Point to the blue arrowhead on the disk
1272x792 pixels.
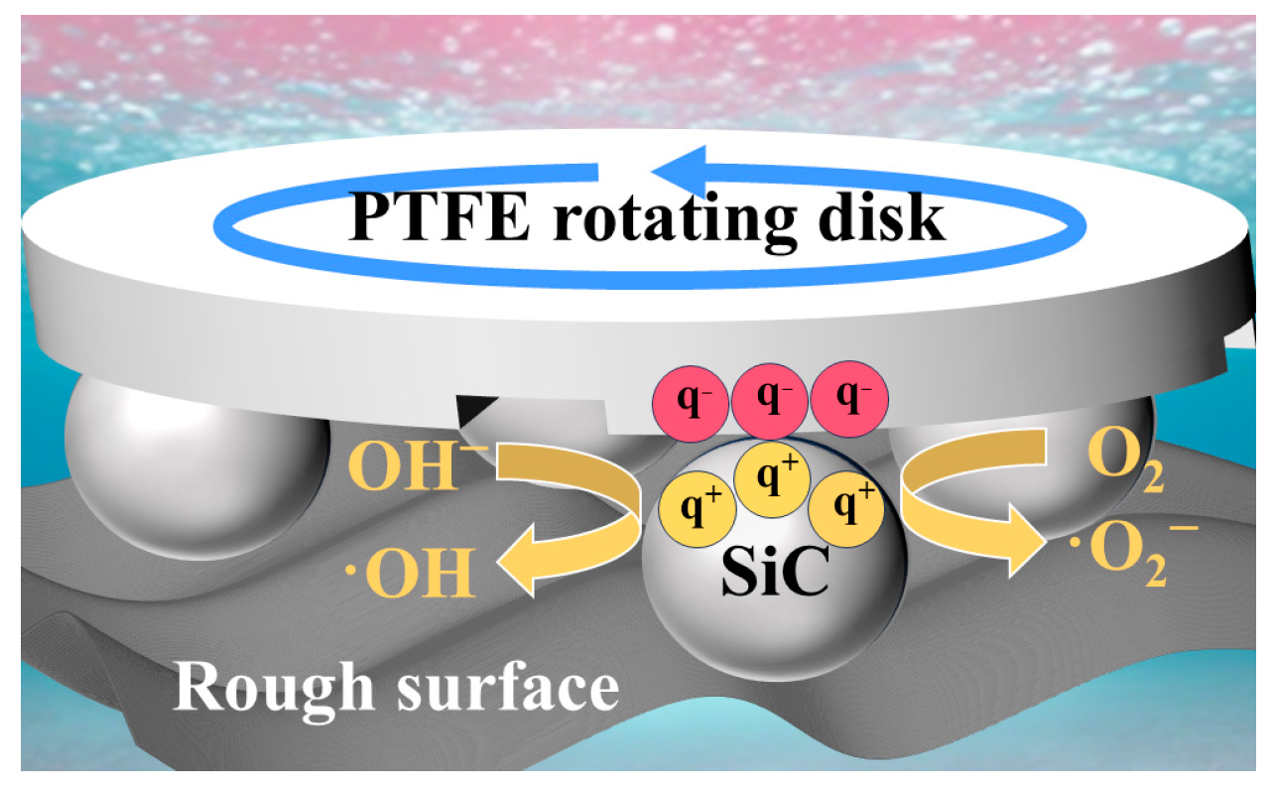coord(685,170)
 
